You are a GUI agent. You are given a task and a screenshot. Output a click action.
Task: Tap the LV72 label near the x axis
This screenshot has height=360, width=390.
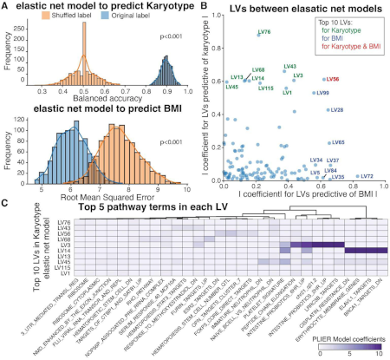click(x=367, y=176)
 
